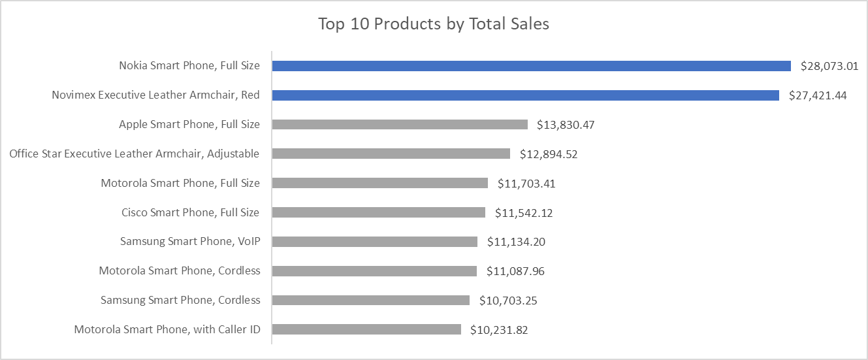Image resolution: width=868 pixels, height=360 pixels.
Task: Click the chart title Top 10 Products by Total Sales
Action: coord(434,24)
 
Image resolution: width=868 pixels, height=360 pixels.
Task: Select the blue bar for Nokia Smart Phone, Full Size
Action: coord(531,66)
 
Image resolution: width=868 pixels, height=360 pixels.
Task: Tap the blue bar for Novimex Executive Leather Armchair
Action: coord(525,95)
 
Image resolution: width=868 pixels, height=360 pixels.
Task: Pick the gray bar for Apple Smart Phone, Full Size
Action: coord(399,124)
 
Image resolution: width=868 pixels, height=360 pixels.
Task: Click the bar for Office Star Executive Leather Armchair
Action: coord(391,154)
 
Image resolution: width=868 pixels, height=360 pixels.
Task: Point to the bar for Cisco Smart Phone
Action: coord(378,212)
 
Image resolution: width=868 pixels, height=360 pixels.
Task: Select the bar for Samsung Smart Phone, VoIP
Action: coord(374,242)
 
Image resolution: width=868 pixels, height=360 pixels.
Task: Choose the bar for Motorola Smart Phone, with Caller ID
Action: coord(366,329)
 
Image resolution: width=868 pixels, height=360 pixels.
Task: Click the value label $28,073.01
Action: coord(829,66)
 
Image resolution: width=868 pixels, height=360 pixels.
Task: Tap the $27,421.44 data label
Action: coord(818,95)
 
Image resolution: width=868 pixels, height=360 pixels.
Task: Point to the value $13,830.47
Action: coord(566,124)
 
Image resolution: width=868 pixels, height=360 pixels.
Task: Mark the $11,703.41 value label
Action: coord(526,183)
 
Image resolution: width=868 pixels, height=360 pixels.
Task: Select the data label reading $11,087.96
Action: coord(515,271)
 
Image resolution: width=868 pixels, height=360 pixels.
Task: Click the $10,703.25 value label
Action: coord(508,301)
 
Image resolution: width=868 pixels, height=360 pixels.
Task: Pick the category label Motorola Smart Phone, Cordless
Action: coord(180,270)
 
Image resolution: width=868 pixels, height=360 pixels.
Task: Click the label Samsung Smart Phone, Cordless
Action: coord(180,300)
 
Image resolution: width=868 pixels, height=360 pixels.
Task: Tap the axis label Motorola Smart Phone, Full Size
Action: coord(180,183)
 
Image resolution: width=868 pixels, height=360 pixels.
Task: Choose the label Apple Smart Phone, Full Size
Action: coord(189,124)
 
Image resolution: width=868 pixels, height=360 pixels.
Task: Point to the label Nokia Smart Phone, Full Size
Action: coord(189,66)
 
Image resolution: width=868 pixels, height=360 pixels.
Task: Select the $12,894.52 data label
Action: coord(549,154)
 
